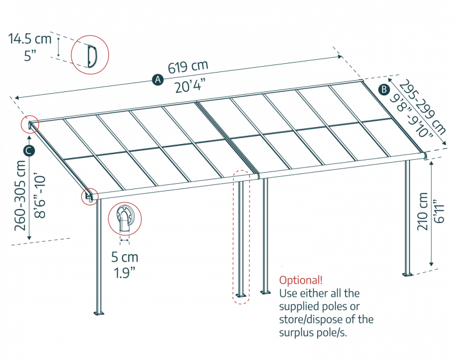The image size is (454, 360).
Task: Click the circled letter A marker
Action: point(157,80)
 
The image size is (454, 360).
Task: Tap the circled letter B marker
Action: point(384,90)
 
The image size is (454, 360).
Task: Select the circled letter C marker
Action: point(29,150)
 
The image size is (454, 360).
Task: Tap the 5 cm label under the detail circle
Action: point(125,258)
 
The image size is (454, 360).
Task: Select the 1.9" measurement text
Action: point(125,272)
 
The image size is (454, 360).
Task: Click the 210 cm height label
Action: point(422,210)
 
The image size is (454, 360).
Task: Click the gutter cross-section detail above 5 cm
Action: point(125,219)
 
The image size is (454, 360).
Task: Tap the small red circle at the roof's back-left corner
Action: point(30,125)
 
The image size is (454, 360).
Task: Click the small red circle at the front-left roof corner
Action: point(89,196)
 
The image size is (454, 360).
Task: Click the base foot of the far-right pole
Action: point(407,273)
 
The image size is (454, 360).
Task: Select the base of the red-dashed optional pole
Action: point(240,296)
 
